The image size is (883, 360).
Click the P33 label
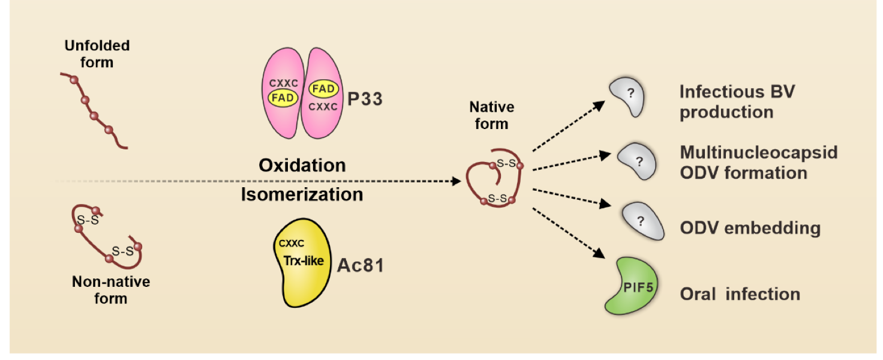[x=365, y=98]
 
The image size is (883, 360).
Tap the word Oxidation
[x=302, y=165]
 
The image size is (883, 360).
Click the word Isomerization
[x=302, y=194]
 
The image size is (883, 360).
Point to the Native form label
[x=491, y=116]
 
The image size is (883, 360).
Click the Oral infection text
[x=740, y=294]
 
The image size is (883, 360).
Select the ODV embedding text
[x=750, y=228]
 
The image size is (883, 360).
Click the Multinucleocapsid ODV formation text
[x=758, y=162]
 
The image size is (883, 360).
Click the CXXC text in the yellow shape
[x=292, y=244]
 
